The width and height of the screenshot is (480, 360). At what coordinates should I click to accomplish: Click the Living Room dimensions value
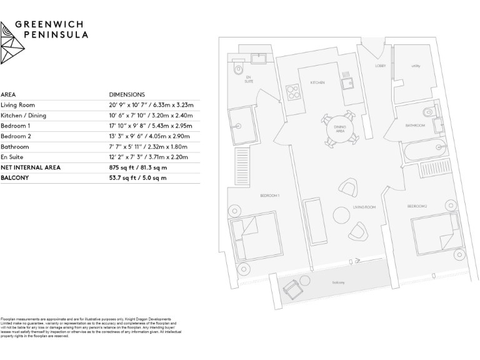click(x=151, y=105)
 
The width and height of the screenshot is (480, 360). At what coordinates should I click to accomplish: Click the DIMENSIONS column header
click(x=127, y=94)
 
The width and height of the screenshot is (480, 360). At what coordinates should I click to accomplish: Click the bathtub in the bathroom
click(x=424, y=152)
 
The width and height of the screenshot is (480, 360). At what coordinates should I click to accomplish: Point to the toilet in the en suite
click(x=236, y=71)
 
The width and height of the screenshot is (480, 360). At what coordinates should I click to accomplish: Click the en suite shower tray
click(x=241, y=125)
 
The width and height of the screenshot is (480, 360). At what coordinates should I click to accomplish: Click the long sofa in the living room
click(x=314, y=222)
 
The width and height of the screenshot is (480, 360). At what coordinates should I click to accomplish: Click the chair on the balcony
click(x=291, y=288)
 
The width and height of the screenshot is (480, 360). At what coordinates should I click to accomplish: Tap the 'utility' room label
click(x=415, y=66)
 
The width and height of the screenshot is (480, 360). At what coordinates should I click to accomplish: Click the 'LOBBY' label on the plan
click(x=380, y=66)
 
